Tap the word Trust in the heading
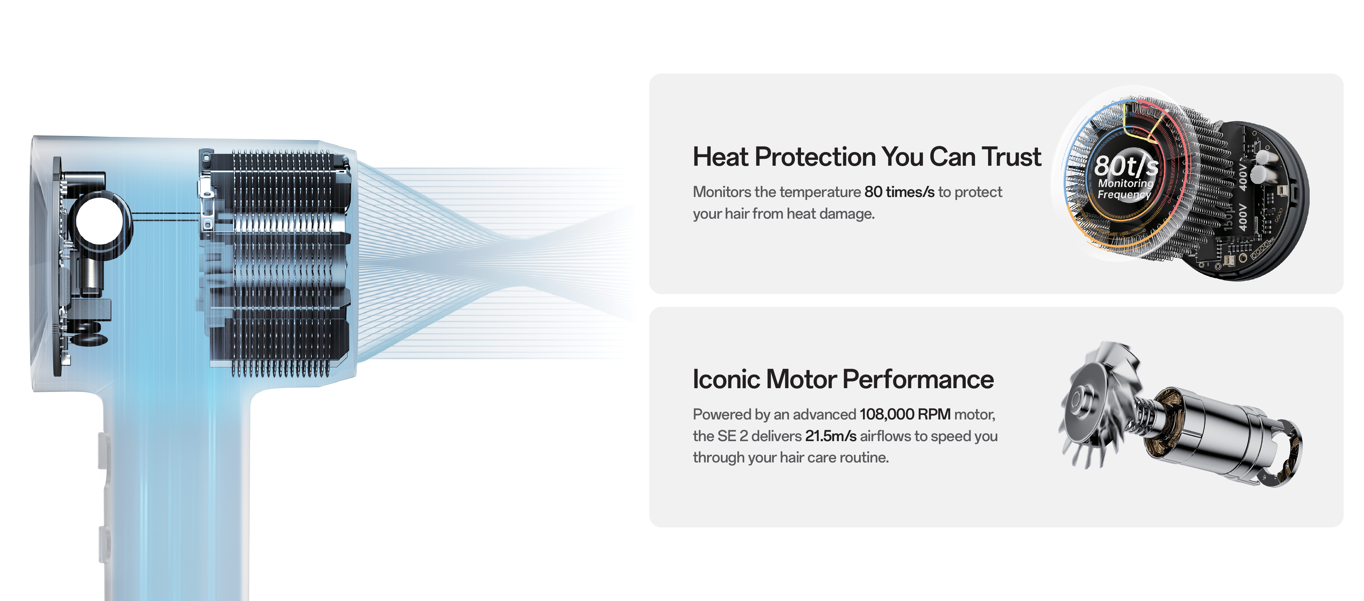click(1012, 157)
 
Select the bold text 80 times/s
click(899, 192)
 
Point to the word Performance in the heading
click(918, 379)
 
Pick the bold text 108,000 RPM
click(905, 414)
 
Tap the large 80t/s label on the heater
click(1126, 166)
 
